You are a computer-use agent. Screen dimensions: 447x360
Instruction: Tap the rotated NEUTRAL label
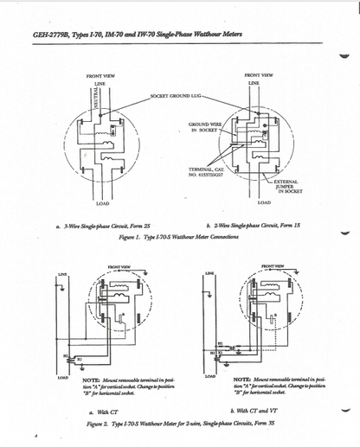click(x=96, y=96)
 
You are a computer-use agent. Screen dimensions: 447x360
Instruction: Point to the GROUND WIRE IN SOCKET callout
click(x=204, y=128)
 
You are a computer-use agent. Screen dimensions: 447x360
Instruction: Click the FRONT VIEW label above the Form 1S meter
click(x=260, y=75)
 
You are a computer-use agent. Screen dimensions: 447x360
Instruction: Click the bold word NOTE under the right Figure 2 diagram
click(x=246, y=379)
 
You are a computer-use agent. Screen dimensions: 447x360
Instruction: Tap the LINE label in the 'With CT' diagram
click(x=62, y=274)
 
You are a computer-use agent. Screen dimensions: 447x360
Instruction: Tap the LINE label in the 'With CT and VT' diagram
click(x=210, y=273)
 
